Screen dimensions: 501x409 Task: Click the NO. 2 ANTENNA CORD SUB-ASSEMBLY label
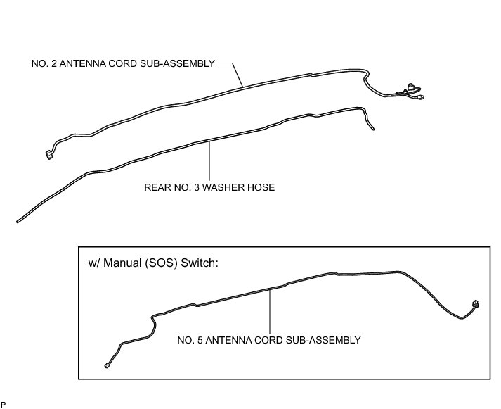click(122, 63)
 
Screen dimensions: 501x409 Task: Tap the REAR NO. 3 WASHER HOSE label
click(209, 187)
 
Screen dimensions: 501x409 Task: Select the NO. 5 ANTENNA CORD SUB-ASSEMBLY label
click(270, 340)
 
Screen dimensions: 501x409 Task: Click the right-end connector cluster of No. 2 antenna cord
click(410, 92)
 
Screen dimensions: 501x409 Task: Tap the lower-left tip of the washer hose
click(18, 222)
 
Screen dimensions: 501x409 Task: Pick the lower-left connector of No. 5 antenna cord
click(106, 364)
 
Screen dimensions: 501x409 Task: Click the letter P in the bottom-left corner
click(4, 405)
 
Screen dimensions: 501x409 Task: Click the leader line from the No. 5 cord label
click(271, 310)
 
